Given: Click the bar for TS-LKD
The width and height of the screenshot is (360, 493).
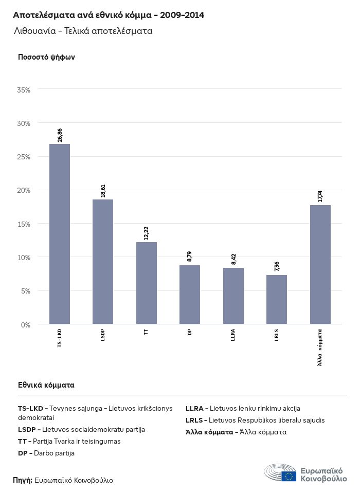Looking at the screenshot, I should (60, 234).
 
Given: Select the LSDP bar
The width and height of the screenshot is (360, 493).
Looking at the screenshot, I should (103, 262).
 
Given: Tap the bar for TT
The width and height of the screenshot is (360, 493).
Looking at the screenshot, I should (147, 283).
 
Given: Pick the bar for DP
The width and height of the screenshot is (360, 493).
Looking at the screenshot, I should (190, 295).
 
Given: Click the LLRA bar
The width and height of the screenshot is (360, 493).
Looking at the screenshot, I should (233, 296).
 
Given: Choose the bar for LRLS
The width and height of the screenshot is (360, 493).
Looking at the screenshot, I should (277, 299).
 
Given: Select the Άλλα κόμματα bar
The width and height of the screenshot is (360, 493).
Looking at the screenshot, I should (320, 264).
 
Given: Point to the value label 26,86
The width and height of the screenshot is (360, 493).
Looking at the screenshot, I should (60, 135).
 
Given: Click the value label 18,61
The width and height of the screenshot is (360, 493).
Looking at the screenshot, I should (103, 191).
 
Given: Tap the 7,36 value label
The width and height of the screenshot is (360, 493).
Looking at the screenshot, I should (277, 266).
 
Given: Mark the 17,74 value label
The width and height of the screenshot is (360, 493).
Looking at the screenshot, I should (320, 196).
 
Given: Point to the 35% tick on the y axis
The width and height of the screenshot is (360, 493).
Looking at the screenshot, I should (24, 90).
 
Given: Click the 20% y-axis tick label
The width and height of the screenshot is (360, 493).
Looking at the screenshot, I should (24, 190).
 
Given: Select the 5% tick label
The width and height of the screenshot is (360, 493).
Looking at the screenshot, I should (26, 291).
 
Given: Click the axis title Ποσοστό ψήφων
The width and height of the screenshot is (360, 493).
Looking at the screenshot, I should (46, 57).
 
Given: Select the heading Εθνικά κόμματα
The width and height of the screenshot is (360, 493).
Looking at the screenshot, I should (46, 385).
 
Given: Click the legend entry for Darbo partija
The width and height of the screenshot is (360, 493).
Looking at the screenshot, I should (46, 453).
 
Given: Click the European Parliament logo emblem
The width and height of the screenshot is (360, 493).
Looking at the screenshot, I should (280, 473).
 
